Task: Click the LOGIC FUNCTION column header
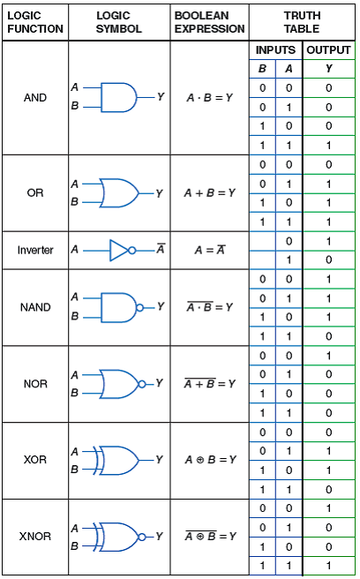pos(35,22)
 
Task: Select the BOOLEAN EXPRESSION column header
pos(209,22)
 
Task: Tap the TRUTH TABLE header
pos(302,22)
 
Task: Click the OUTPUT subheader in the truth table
pos(329,50)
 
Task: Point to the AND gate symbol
pos(118,97)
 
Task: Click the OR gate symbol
pos(118,192)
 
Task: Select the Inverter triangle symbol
pos(121,250)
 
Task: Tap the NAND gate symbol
pos(118,307)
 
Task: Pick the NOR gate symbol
pos(118,384)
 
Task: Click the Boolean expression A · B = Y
pos(209,97)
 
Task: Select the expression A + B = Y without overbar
pos(209,192)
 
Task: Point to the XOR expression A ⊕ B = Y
pos(210,460)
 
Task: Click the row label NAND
pos(35,308)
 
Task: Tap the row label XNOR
pos(35,537)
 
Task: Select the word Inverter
pos(35,250)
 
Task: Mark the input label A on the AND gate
pos(75,87)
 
